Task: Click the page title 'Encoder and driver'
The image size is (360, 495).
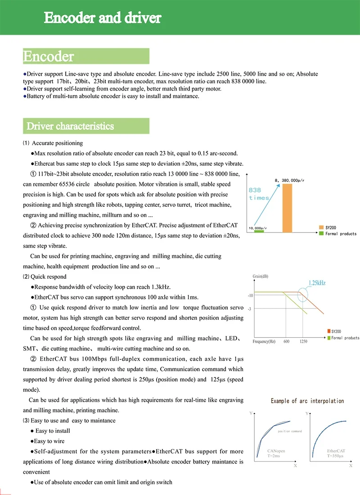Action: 102,18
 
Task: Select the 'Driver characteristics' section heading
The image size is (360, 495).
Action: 70,126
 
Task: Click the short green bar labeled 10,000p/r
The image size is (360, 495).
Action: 258,231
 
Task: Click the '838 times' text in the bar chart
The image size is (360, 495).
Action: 259,194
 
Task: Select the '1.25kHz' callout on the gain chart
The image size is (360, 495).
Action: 317,283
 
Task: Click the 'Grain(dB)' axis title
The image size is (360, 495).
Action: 263,276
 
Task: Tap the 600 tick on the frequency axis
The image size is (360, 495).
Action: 286,342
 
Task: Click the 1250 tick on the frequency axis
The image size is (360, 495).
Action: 304,342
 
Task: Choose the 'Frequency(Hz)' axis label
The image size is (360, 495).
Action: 264,342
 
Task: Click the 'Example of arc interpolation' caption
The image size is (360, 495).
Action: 307,401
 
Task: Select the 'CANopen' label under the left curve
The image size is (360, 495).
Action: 276,451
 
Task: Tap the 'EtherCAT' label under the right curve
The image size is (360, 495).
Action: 336,451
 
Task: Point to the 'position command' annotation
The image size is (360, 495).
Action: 290,431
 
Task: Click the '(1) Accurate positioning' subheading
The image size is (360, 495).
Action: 53,143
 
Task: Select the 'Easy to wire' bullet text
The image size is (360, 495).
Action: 49,441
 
